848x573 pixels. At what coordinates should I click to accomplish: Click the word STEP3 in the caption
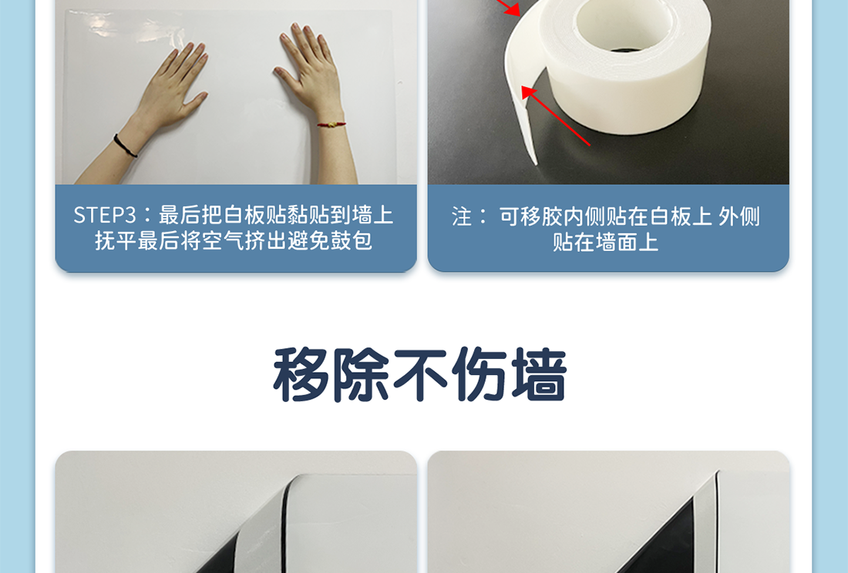[x=104, y=215]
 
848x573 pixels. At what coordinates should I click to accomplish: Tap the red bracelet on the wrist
[x=331, y=124]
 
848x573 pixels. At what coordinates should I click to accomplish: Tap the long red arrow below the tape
[x=555, y=116]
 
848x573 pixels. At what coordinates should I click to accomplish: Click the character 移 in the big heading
[x=301, y=374]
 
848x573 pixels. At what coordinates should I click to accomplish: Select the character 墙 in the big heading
[x=539, y=374]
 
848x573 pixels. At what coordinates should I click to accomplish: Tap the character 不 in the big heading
[x=419, y=374]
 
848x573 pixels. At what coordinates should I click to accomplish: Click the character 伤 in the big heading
[x=480, y=374]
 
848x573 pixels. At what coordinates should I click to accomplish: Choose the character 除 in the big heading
[x=361, y=374]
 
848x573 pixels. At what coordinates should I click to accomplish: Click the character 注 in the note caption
[x=462, y=217]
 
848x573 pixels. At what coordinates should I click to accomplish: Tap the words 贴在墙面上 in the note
[x=606, y=242]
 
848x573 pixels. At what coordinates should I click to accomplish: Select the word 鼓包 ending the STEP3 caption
[x=352, y=241]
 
